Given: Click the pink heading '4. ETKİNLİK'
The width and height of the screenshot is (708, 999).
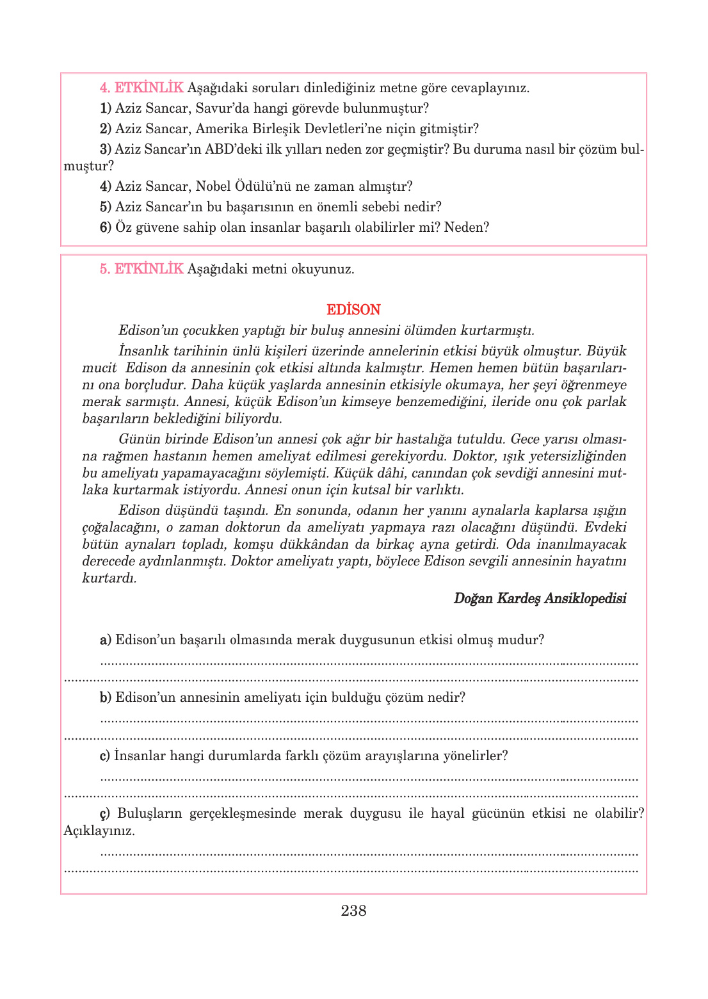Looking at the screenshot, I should (141, 88).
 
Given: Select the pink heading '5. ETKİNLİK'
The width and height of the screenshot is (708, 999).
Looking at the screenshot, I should (141, 269).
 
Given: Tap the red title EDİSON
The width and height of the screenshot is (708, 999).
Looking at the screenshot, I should (353, 310).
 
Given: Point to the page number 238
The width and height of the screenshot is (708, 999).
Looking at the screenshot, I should (353, 911).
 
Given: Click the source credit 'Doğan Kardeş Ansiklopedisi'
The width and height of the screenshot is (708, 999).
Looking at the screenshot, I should (540, 598).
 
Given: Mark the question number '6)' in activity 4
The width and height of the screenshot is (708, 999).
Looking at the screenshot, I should (106, 227).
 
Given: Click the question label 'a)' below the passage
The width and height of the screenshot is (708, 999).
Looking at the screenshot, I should (106, 640).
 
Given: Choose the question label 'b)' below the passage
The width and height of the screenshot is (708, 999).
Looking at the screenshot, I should (106, 697).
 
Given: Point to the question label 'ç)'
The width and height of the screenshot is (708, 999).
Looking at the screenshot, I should (105, 814).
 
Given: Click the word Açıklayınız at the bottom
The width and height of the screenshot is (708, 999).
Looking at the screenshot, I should (99, 831).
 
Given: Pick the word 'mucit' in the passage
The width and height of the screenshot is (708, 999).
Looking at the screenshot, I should (99, 368).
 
